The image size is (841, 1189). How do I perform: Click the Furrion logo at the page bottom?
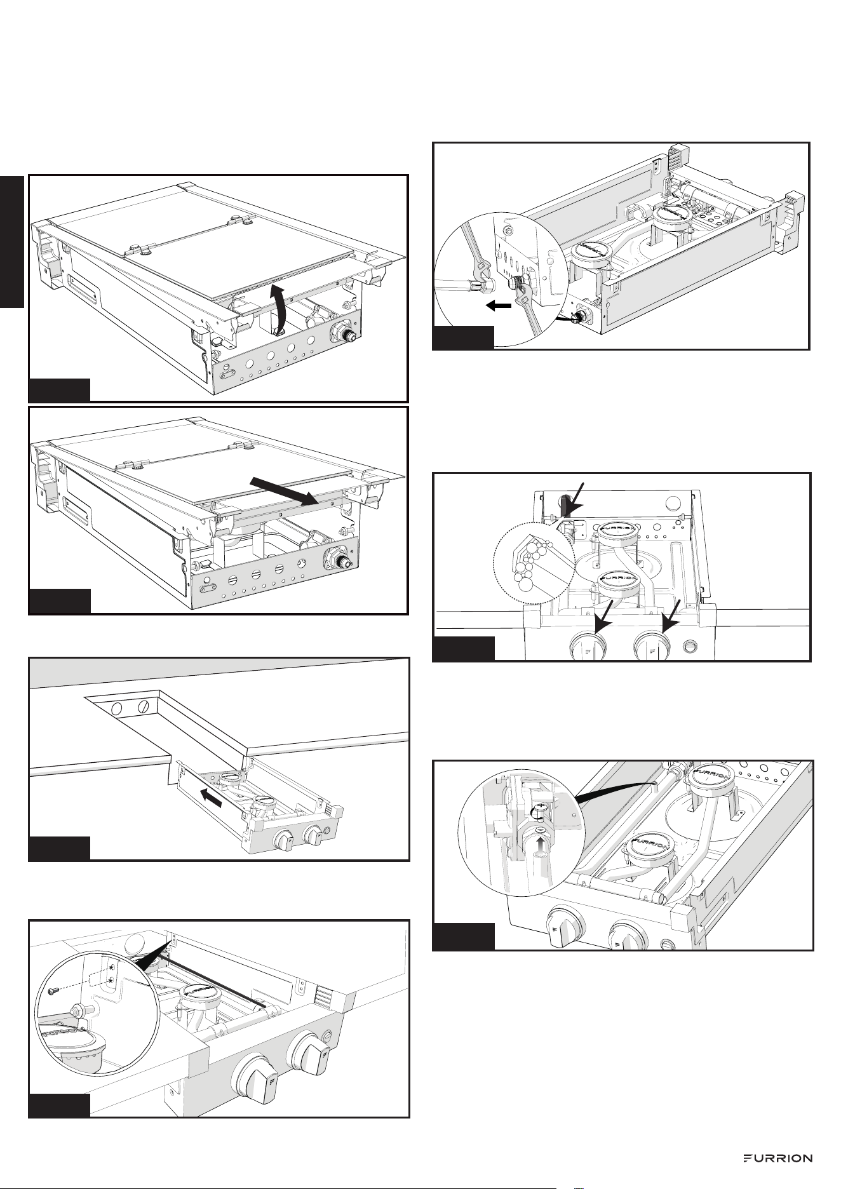coord(777,1158)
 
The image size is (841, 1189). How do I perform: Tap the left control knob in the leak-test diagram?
coord(588,647)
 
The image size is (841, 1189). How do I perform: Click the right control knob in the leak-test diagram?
coord(652,647)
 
